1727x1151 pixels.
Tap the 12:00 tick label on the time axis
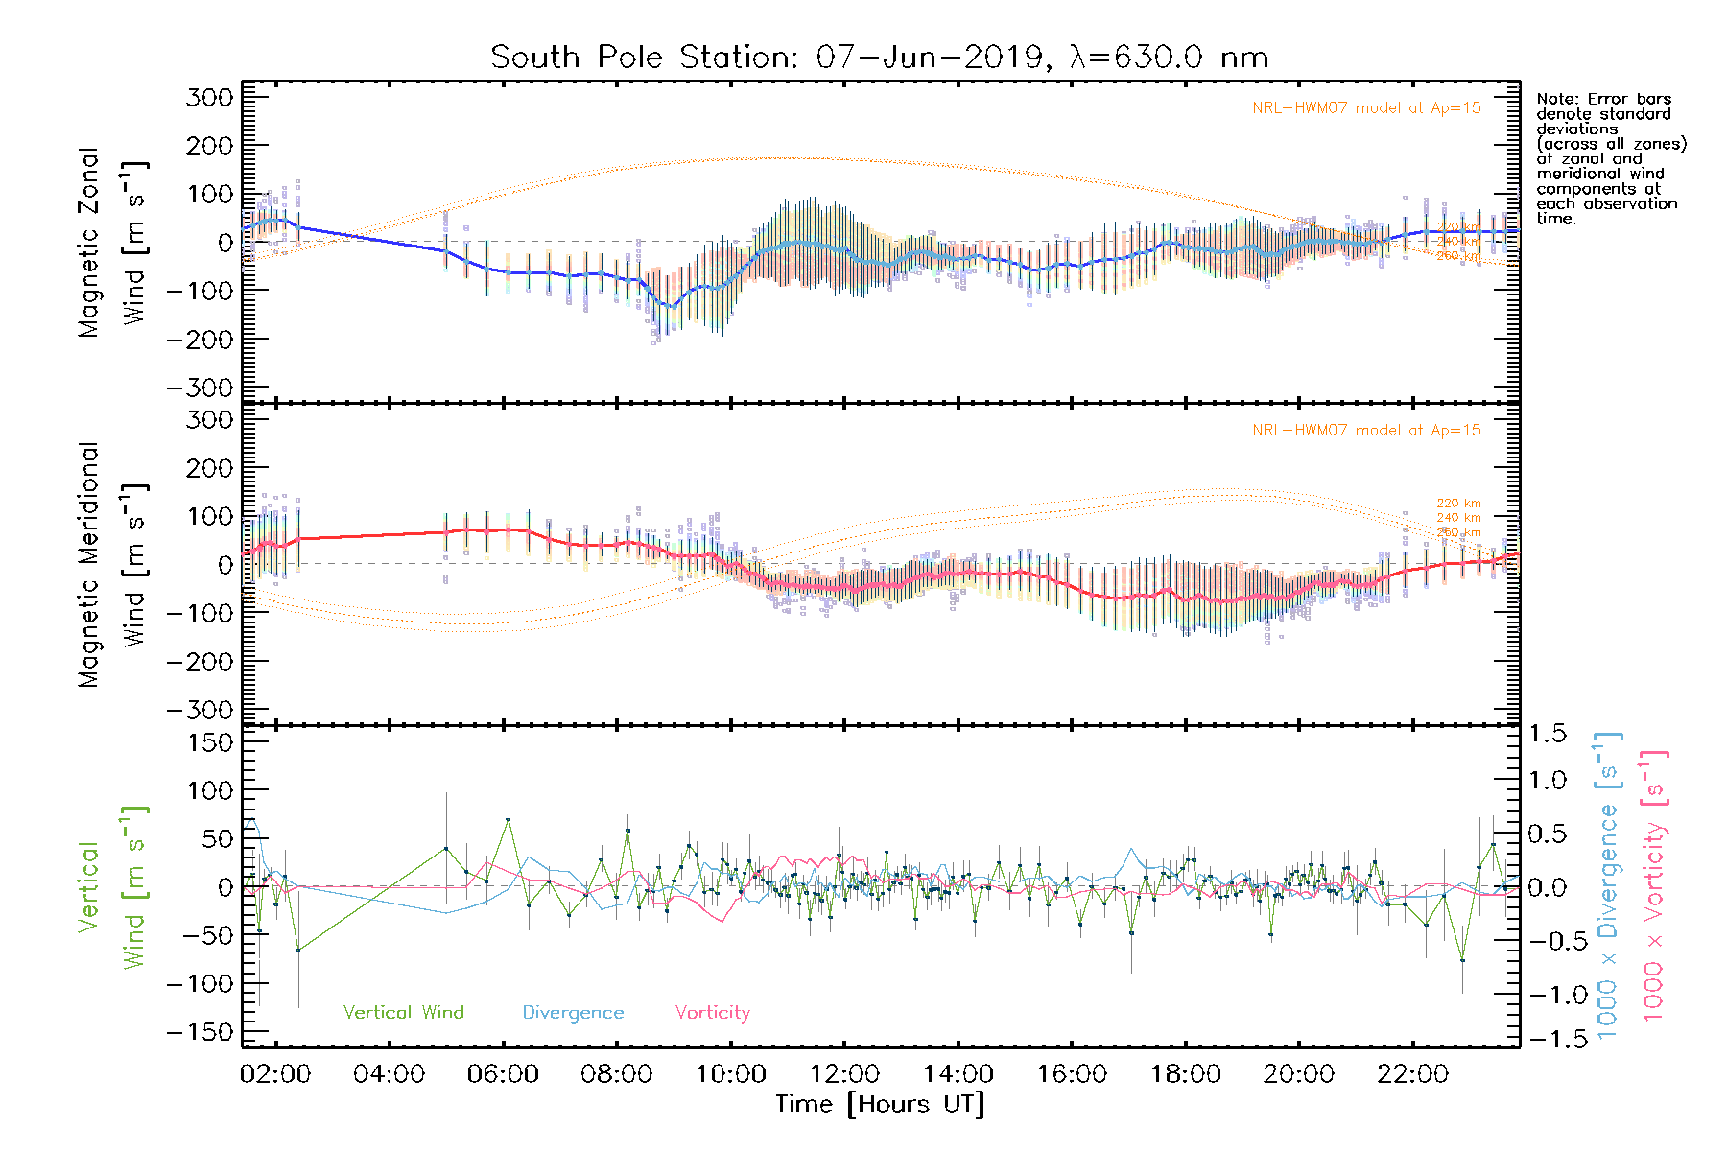(843, 1074)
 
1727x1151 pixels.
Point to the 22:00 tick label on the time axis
(1412, 1074)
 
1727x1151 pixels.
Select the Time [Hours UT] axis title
(880, 1104)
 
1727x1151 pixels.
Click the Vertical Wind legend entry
(403, 1012)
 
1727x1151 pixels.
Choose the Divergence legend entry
(573, 1012)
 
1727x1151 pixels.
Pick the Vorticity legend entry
(712, 1012)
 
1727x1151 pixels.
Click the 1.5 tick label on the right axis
(1547, 734)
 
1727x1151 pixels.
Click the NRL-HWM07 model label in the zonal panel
(1366, 108)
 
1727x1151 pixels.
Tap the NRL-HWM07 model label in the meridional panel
(1366, 431)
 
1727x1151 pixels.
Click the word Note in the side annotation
(1555, 99)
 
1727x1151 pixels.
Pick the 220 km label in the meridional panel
(1457, 503)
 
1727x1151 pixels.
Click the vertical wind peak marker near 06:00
(508, 820)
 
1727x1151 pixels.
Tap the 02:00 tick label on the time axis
(275, 1074)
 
